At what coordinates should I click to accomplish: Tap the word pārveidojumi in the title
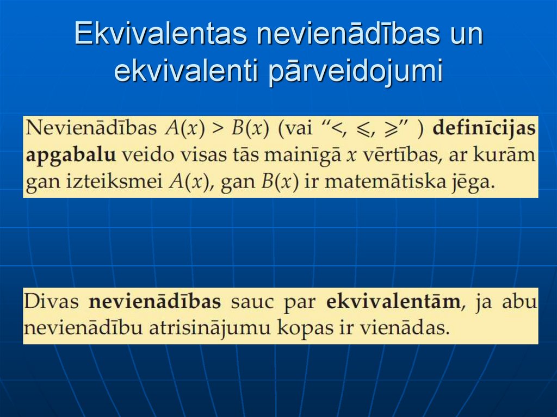click(356, 72)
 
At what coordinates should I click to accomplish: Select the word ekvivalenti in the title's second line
click(187, 72)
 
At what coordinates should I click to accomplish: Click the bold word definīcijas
click(484, 129)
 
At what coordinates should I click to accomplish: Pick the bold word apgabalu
click(71, 155)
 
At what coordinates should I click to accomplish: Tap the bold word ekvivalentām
click(393, 301)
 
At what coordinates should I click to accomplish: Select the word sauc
click(252, 302)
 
